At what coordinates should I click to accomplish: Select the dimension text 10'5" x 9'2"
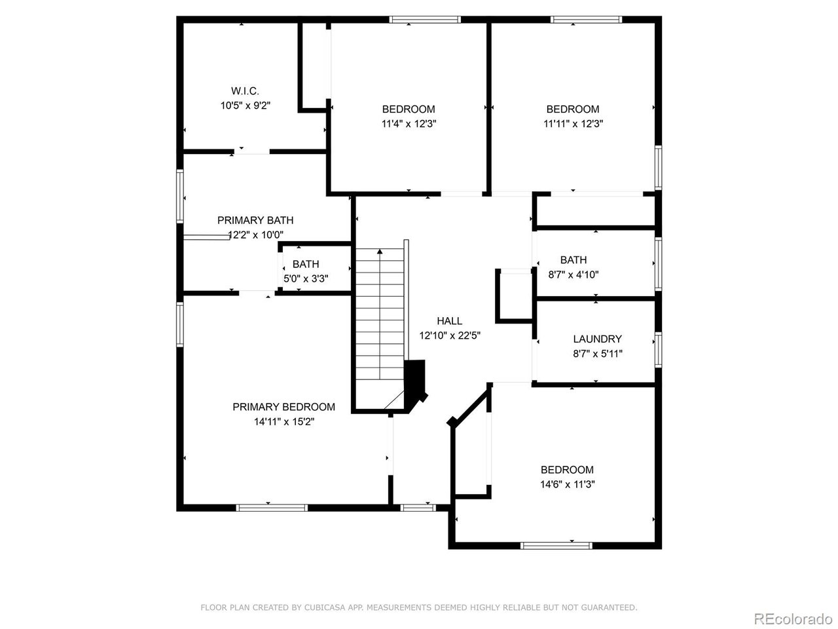coord(246,105)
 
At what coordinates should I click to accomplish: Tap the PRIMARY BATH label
coord(255,220)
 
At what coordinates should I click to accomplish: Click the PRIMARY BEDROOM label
coord(283,407)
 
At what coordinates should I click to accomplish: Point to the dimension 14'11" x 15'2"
coord(284,422)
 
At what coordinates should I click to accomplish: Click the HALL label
coord(450,321)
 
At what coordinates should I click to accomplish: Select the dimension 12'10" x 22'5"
coord(450,335)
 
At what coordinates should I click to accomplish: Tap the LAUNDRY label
coord(597,339)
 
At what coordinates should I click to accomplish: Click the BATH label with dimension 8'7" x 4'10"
coord(574,260)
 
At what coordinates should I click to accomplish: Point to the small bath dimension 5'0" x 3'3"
coord(306,278)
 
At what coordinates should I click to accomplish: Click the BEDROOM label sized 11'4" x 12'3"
coord(409,109)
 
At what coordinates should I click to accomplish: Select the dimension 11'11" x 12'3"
coord(573,124)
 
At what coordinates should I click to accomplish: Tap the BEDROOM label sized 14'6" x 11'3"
coord(567,470)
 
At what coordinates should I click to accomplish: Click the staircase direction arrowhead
coord(380,252)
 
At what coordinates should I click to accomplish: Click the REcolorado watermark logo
coord(792,619)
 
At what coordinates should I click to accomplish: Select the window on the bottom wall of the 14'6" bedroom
coord(556,545)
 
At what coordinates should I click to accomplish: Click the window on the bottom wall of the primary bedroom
coord(272,507)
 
